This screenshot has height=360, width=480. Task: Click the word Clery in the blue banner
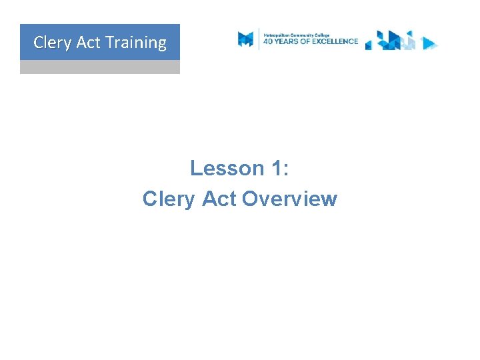[52, 43]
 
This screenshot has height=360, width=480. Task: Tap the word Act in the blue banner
[88, 43]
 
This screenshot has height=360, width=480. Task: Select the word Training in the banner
[136, 43]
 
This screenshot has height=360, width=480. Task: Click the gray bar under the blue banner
[100, 67]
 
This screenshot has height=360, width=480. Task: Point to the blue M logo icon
[246, 39]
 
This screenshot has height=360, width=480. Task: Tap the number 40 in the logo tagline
[269, 41]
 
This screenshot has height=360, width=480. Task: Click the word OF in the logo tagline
[310, 41]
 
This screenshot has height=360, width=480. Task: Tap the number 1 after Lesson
[277, 168]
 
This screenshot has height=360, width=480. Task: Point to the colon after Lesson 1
[286, 169]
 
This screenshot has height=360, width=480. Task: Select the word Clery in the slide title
[169, 199]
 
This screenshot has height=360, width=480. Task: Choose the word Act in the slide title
[219, 199]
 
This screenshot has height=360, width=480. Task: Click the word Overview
[289, 199]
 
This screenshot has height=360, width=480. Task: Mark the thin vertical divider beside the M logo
[259, 39]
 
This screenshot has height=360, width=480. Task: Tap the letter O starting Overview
[251, 199]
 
